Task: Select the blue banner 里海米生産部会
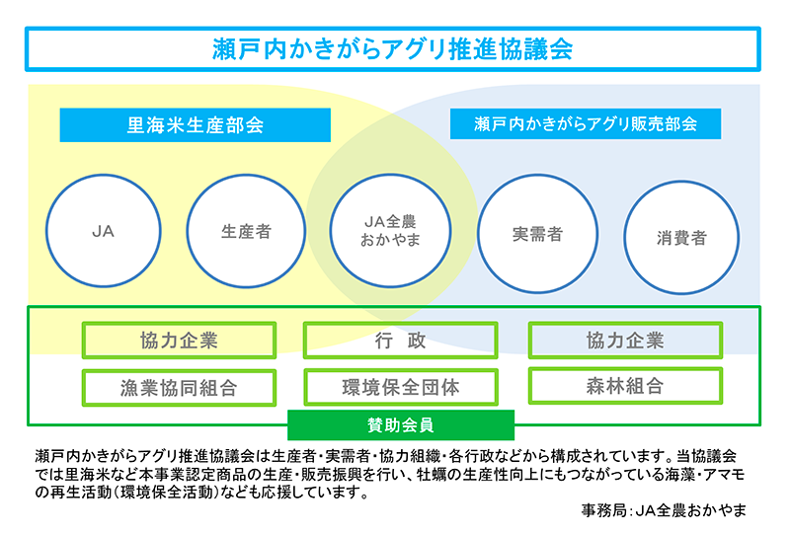(x=195, y=125)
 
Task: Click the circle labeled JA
(x=103, y=232)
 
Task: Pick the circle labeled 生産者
(x=246, y=233)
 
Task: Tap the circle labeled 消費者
(x=681, y=238)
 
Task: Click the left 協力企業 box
(x=179, y=341)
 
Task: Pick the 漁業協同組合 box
(x=179, y=386)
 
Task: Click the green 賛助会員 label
(x=401, y=424)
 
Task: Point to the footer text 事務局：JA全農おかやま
(x=664, y=511)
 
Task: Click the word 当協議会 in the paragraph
(x=712, y=456)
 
